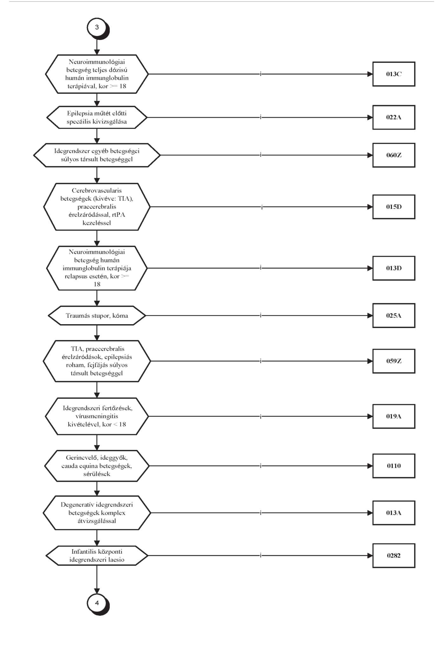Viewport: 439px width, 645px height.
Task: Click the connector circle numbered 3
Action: pos(97,27)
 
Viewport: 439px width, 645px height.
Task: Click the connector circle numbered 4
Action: pos(97,603)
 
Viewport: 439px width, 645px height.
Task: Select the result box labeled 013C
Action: pos(394,74)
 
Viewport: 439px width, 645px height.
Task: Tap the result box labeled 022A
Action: pos(394,117)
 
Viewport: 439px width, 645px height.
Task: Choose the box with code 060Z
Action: pos(394,155)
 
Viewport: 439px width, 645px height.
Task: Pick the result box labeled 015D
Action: pos(394,207)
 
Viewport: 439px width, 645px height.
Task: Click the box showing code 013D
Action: pos(394,268)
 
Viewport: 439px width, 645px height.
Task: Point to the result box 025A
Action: pos(394,315)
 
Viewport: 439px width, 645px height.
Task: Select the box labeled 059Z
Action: pos(394,361)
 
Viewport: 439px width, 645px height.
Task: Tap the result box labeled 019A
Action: pos(394,416)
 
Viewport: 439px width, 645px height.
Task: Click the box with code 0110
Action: pos(394,466)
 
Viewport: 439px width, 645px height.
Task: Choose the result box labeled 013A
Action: pos(394,513)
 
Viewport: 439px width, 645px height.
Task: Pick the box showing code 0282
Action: pos(394,555)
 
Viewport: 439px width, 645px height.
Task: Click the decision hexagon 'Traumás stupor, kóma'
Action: pos(97,315)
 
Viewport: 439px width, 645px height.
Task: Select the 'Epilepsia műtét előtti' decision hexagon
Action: pos(97,117)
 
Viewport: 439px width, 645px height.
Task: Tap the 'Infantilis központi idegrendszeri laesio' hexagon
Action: pos(97,555)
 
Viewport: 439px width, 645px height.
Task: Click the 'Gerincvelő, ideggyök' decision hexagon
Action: pos(97,466)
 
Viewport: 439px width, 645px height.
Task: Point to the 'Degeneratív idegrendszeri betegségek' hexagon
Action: pos(97,513)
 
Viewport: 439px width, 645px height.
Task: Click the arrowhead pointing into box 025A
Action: pos(370,315)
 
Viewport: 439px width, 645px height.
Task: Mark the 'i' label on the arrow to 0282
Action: pos(261,555)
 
